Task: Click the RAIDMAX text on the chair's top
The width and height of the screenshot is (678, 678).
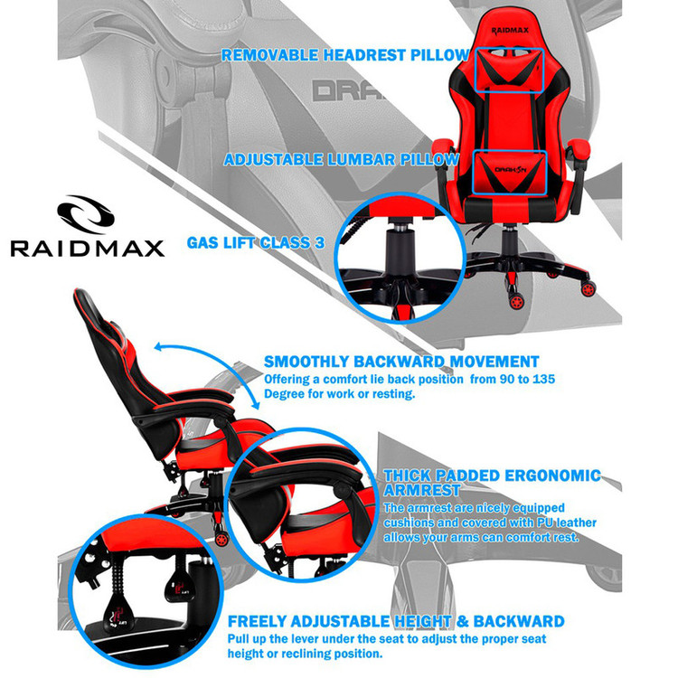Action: pos(509,31)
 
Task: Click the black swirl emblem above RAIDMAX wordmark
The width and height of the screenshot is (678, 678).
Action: pos(87,214)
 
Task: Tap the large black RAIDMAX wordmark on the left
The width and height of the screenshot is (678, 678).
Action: pos(88,249)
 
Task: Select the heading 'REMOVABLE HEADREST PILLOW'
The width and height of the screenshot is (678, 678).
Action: pos(345,55)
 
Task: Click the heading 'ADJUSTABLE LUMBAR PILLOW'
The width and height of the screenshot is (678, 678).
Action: pos(341,159)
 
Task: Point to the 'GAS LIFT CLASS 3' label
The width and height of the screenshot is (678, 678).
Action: pos(256,242)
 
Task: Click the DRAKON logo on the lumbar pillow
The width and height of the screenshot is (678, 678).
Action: pos(510,170)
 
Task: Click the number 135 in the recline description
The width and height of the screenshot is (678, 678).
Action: pos(543,379)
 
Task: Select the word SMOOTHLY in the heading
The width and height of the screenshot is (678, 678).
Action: pos(306,362)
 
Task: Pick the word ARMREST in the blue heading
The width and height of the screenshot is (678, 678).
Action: pos(421,490)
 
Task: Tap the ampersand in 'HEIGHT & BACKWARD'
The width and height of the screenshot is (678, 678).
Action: pos(462,621)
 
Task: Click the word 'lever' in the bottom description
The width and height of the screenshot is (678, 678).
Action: pos(300,638)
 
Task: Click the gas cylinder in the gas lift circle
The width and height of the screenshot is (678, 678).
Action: pos(400,250)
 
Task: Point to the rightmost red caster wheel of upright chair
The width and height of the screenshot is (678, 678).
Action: pos(588,288)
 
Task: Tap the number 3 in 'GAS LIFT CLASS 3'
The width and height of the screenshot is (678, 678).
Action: pos(319,242)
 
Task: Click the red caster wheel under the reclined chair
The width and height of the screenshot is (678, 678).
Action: pos(221,539)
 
